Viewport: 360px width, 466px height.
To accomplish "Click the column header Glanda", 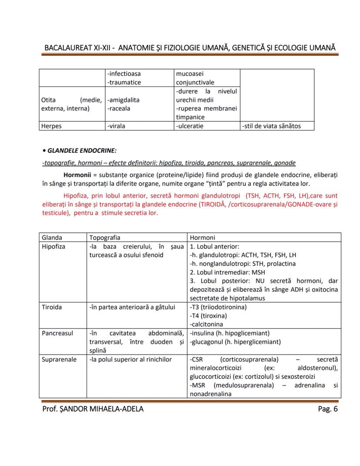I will pyautogui.click(x=52, y=238).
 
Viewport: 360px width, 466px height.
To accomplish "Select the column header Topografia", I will pyautogui.click(x=105, y=238).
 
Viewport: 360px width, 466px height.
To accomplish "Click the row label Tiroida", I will pyautogui.click(x=52, y=307).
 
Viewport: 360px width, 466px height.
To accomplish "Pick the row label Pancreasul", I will pyautogui.click(x=57, y=333).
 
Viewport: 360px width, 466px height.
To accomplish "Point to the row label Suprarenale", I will pyautogui.click(x=59, y=359).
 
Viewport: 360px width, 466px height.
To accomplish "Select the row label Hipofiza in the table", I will pyautogui.click(x=53, y=246).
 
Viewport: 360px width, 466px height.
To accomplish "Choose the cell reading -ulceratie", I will pyautogui.click(x=190, y=126).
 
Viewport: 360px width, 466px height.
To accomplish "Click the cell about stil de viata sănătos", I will pyautogui.click(x=271, y=126).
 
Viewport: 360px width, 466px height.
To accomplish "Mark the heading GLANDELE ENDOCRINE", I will pyautogui.click(x=81, y=151).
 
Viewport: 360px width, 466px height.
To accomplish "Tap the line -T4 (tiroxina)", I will pyautogui.click(x=208, y=316).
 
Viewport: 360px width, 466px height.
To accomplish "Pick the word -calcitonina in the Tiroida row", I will pyautogui.click(x=207, y=324).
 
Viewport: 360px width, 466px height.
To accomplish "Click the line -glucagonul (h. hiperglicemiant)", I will pyautogui.click(x=235, y=342).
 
